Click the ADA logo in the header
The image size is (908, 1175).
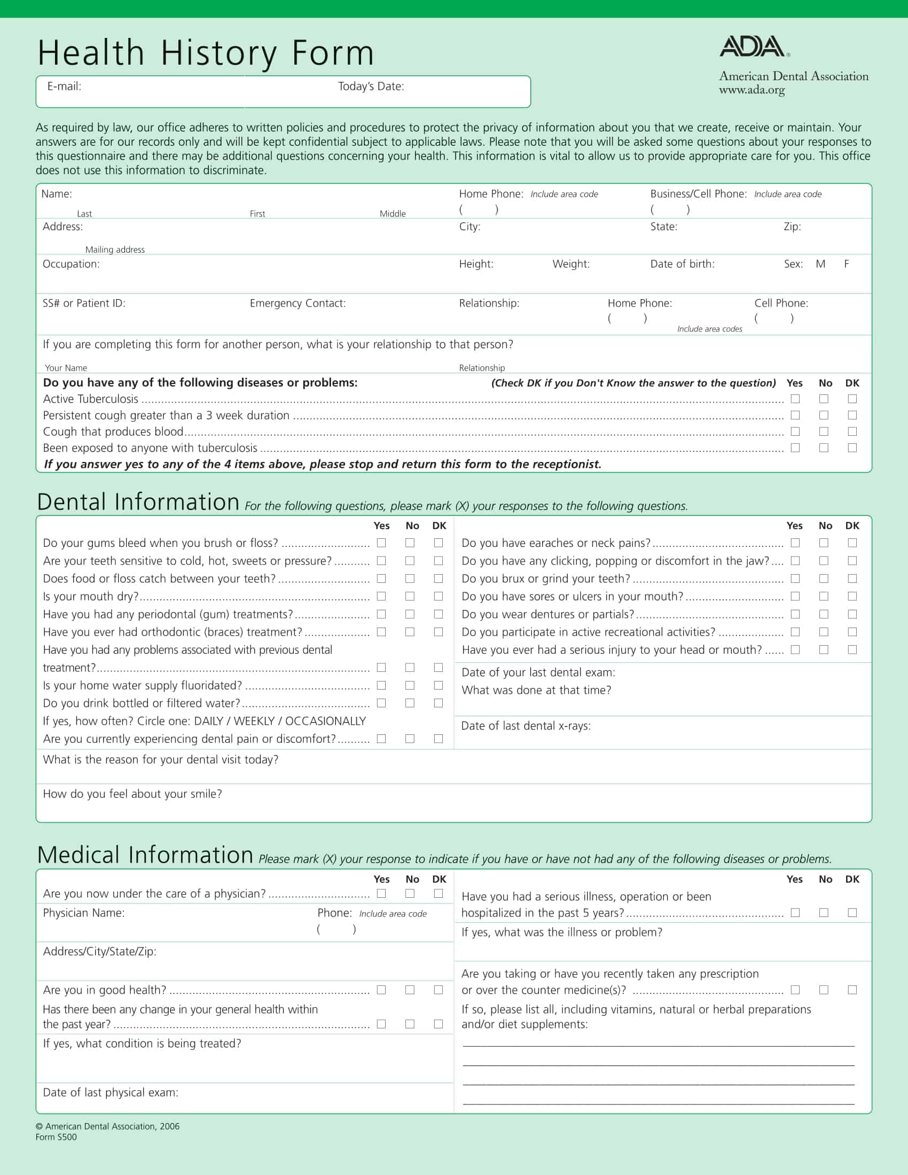pos(753,47)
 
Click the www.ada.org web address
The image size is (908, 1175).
pos(752,90)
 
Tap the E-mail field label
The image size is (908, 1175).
pos(64,86)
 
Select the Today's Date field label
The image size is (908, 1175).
pos(371,86)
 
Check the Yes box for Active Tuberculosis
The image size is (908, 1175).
pos(795,398)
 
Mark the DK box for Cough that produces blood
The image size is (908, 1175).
pos(852,432)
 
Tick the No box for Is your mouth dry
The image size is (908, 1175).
pos(410,596)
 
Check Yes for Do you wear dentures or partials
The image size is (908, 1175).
pos(795,614)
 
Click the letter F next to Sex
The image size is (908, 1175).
pos(846,264)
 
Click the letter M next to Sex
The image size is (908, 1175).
pos(820,264)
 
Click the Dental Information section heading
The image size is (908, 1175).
pos(138,502)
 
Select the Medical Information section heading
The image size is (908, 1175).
pos(145,855)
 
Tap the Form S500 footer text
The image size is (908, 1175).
pos(56,1137)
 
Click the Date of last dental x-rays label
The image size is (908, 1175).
pos(526,726)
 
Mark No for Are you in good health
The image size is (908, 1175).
pos(410,990)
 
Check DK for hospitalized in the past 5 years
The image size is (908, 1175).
pos(852,912)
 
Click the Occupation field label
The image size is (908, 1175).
pos(71,264)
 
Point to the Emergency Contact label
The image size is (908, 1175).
pos(298,303)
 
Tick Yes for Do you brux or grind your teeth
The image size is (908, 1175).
pos(795,578)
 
